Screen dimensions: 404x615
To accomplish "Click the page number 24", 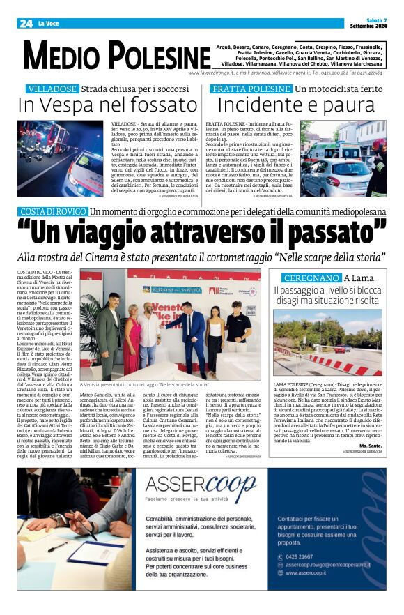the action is click(26, 24).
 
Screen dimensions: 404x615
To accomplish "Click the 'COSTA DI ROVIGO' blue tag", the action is click(52, 211).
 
